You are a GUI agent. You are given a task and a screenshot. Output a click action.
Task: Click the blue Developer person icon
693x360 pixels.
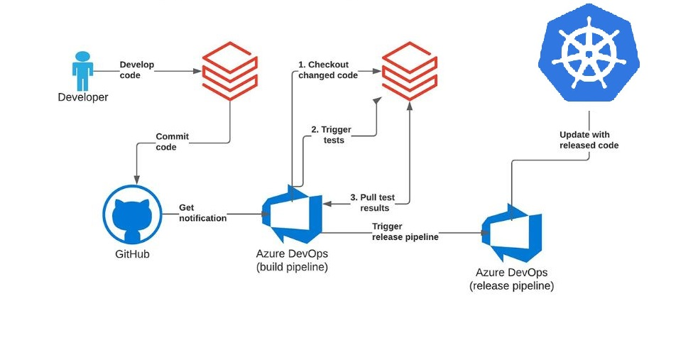[82, 70]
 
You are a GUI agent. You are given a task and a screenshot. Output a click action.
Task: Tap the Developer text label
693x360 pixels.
[83, 97]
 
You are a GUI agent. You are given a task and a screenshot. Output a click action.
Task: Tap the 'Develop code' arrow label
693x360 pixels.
[136, 70]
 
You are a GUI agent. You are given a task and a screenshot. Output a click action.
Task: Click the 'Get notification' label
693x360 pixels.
[202, 213]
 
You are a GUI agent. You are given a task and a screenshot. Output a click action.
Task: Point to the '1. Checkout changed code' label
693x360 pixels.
[328, 70]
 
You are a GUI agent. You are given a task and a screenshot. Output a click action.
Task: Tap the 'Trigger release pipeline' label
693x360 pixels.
[405, 231]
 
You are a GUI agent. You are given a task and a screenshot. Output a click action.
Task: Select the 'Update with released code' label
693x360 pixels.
[589, 140]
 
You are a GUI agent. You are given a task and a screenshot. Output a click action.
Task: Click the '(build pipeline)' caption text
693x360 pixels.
[292, 268]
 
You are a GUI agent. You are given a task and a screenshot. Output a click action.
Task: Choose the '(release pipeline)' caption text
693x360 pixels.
[511, 286]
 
